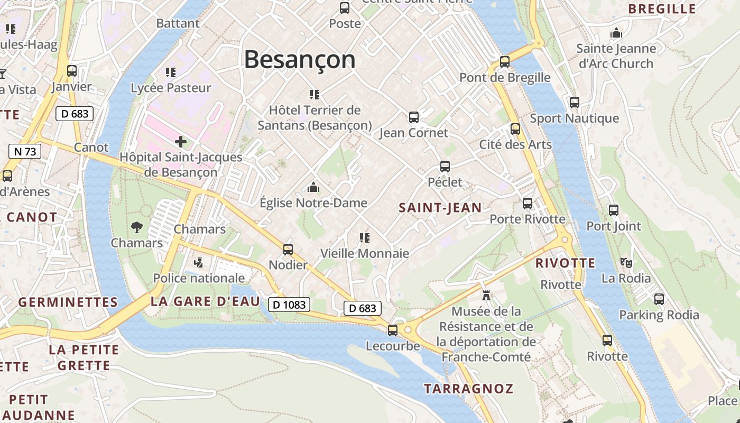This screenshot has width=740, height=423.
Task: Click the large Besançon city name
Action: tap(300, 59)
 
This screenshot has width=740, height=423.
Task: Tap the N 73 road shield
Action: tap(25, 152)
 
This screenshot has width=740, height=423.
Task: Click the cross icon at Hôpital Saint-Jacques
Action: tap(181, 142)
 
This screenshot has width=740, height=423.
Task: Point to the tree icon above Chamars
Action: tap(137, 227)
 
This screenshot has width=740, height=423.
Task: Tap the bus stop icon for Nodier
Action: tap(288, 249)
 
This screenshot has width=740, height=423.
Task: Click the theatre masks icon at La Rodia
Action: tap(626, 262)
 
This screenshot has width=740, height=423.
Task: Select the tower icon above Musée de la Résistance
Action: tap(486, 296)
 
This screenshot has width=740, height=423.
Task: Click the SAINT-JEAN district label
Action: tap(440, 208)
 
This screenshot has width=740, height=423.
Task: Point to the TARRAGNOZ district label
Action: tap(468, 389)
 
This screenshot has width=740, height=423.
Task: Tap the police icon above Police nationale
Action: tap(199, 262)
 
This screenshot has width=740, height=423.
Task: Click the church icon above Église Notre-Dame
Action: tap(313, 187)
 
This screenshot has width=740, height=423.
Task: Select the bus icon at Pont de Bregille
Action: tap(505, 61)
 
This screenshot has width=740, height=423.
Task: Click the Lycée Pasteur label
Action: tap(171, 88)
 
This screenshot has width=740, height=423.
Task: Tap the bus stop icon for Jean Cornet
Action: tap(414, 117)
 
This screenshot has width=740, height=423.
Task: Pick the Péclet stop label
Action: tap(445, 182)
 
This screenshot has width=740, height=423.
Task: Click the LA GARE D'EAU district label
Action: tap(205, 301)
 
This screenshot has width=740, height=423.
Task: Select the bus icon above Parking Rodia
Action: tap(659, 299)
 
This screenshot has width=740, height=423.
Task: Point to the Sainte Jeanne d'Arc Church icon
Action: tap(616, 33)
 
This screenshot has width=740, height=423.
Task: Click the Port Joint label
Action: tap(614, 226)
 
